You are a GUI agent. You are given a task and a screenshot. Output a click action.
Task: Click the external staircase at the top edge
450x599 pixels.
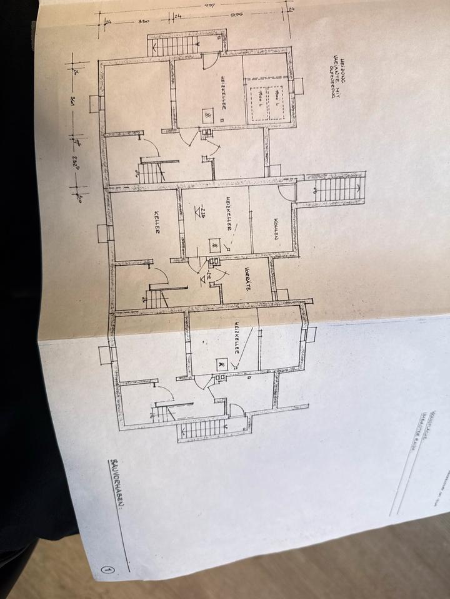pos(175,45)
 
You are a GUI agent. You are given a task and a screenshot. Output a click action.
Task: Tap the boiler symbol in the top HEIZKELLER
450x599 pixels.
pos(207,116)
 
